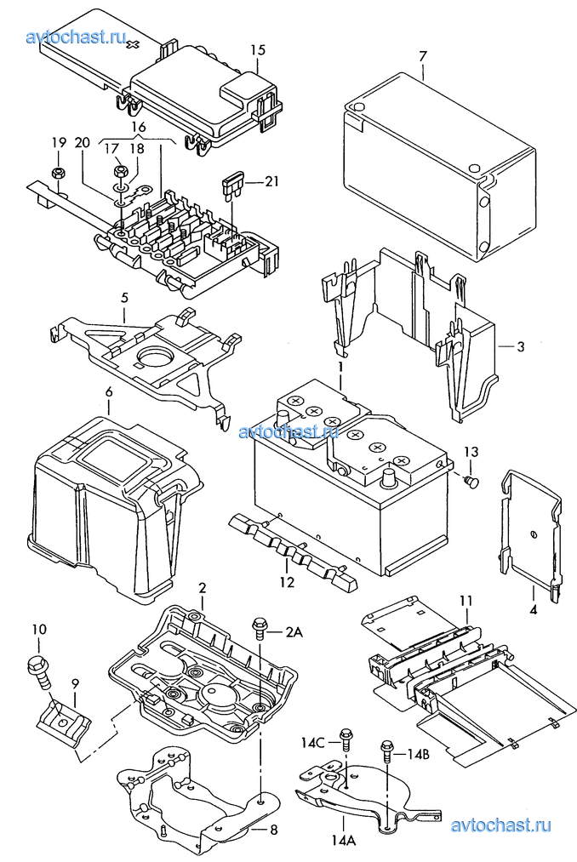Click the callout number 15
pyautogui.click(x=258, y=50)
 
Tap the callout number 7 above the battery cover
pyautogui.click(x=422, y=56)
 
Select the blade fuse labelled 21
pyautogui.click(x=231, y=186)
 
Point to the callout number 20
pyautogui.click(x=82, y=143)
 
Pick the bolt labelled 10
pyautogui.click(x=40, y=671)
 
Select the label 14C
pyautogui.click(x=312, y=742)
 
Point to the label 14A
pyautogui.click(x=343, y=840)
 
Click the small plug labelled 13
pyautogui.click(x=471, y=482)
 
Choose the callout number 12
pyautogui.click(x=287, y=582)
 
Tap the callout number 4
pyautogui.click(x=533, y=609)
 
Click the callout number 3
pyautogui.click(x=520, y=347)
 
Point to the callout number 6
pyautogui.click(x=109, y=392)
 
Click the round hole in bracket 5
pyautogui.click(x=155, y=357)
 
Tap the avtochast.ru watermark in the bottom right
pyautogui.click(x=500, y=825)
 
